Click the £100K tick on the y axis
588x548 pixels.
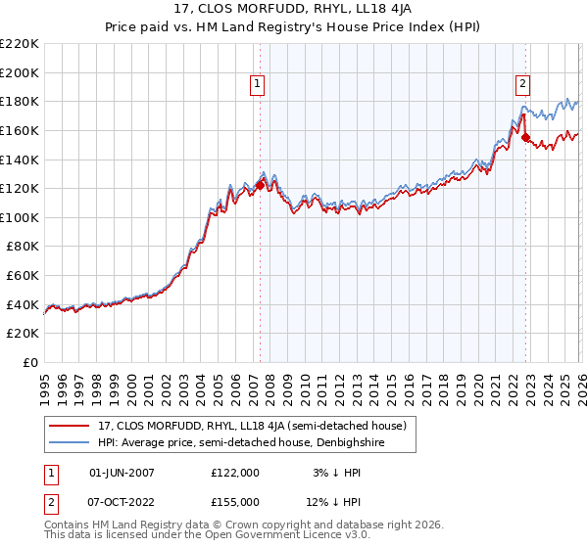(x=20, y=217)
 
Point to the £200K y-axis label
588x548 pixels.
(x=20, y=72)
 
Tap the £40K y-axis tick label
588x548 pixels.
(x=24, y=304)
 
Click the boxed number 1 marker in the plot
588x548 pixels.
(x=257, y=85)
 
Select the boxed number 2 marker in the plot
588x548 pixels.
(x=523, y=85)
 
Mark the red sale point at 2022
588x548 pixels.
(x=525, y=138)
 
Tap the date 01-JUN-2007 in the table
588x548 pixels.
(x=122, y=473)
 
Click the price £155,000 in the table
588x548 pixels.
(x=235, y=502)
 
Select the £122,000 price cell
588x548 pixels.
(x=235, y=473)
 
